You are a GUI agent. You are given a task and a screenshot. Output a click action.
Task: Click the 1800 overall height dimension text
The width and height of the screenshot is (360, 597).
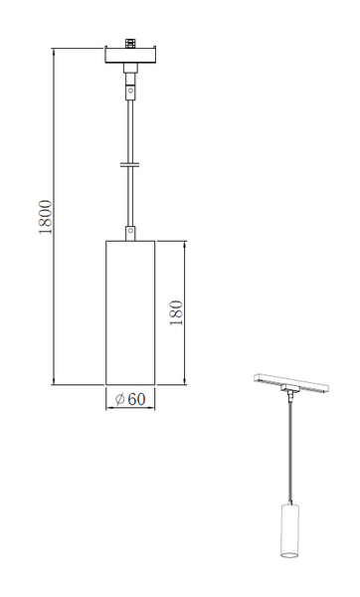[46, 217]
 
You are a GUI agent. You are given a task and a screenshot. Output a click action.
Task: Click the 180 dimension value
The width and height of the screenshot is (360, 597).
[176, 312]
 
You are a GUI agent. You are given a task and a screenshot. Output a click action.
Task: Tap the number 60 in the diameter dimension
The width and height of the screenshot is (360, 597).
[136, 399]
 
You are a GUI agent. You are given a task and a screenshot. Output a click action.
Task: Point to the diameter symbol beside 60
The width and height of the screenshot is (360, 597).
[120, 399]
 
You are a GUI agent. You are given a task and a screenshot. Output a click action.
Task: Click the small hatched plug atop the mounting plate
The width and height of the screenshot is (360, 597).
[130, 43]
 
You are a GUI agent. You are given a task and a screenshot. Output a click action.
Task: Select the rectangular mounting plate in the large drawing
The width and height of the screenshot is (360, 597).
[130, 55]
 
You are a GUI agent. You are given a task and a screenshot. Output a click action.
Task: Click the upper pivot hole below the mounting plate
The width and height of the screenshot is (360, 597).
[130, 91]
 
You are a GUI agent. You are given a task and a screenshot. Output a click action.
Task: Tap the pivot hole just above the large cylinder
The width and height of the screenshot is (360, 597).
[130, 231]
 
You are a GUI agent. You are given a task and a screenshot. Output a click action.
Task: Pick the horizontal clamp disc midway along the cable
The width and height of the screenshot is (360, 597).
[130, 164]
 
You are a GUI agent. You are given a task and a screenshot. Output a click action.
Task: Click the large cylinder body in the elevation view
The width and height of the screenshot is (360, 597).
[130, 312]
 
